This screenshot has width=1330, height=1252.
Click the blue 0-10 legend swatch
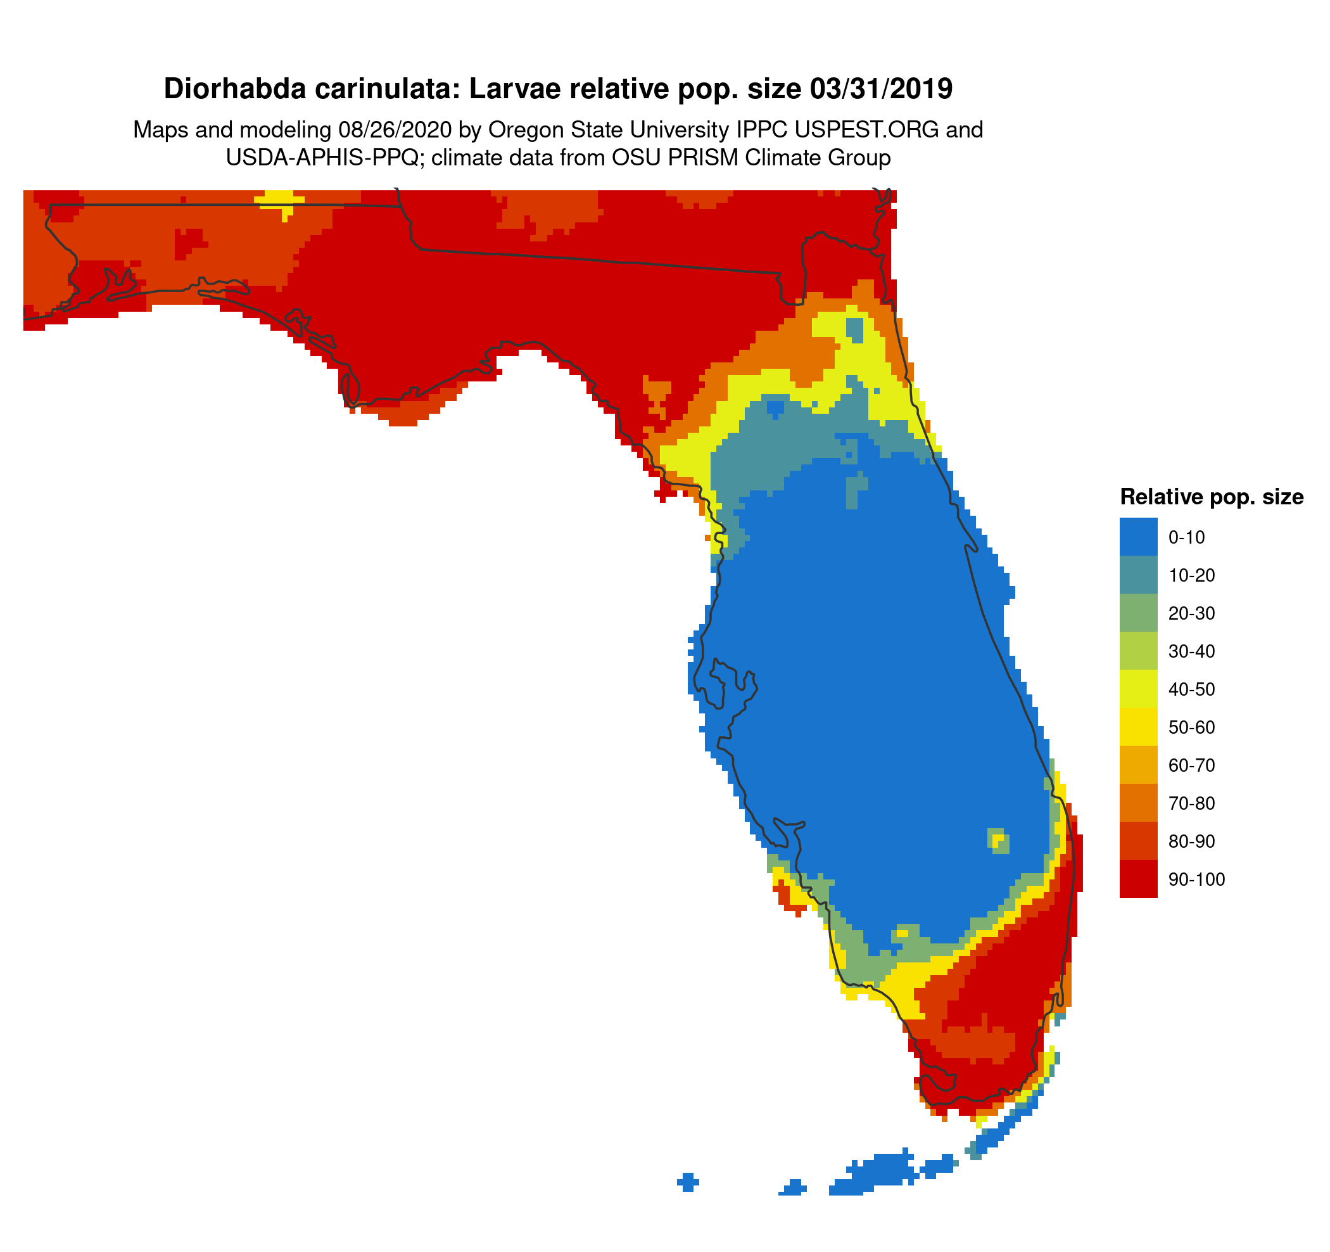pyautogui.click(x=1138, y=537)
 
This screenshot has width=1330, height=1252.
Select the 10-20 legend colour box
pyautogui.click(x=1138, y=575)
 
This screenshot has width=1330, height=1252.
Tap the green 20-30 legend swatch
pyautogui.click(x=1138, y=613)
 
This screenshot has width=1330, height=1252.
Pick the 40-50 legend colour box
pyautogui.click(x=1138, y=689)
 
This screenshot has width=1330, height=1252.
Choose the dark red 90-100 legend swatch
pyautogui.click(x=1138, y=879)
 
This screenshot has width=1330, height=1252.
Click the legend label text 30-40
pyautogui.click(x=1191, y=652)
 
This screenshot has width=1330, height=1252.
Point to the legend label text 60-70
pyautogui.click(x=1191, y=765)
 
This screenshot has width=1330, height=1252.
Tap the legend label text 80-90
pyautogui.click(x=1191, y=842)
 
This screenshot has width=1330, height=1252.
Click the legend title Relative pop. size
pyautogui.click(x=1212, y=497)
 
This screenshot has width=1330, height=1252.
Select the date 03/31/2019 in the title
pyautogui.click(x=880, y=89)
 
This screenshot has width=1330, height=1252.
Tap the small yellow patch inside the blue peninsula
pyautogui.click(x=998, y=839)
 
